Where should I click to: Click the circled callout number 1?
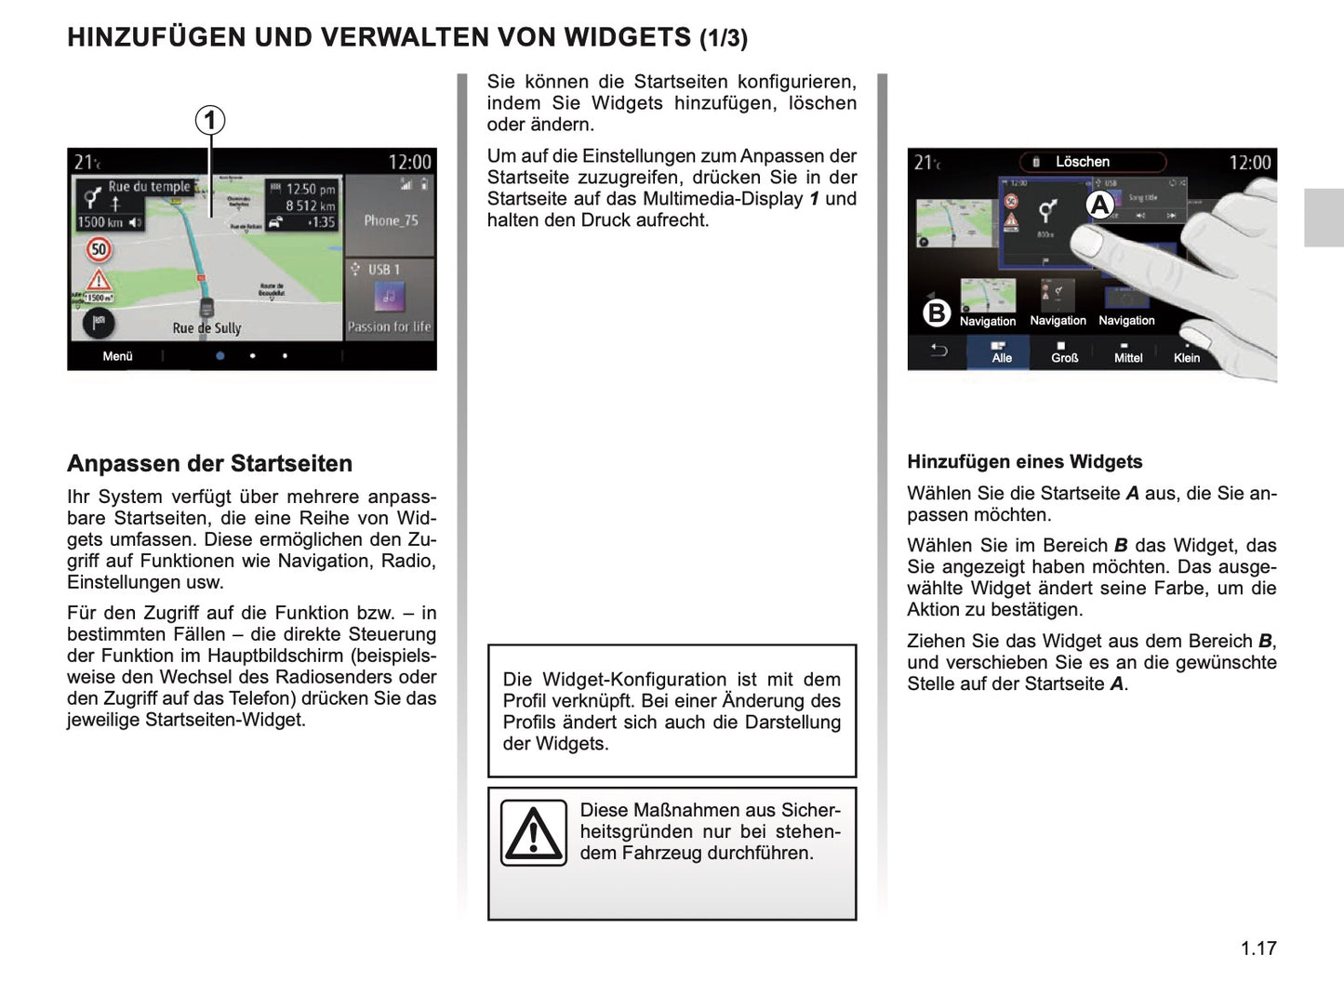210,120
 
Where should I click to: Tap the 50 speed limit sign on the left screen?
99,249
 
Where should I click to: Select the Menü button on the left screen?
117,356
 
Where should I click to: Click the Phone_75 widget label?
391,220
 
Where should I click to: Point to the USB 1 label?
383,270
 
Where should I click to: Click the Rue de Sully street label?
206,327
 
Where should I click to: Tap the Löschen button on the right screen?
1082,162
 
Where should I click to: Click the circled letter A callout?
1100,205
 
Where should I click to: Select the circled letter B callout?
937,312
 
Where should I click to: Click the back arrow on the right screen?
938,351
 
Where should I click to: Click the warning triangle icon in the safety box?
533,832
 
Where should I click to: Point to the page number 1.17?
1258,948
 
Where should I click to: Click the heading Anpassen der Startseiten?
209,463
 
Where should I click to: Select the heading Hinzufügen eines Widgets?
1024,461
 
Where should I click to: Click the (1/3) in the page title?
723,38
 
